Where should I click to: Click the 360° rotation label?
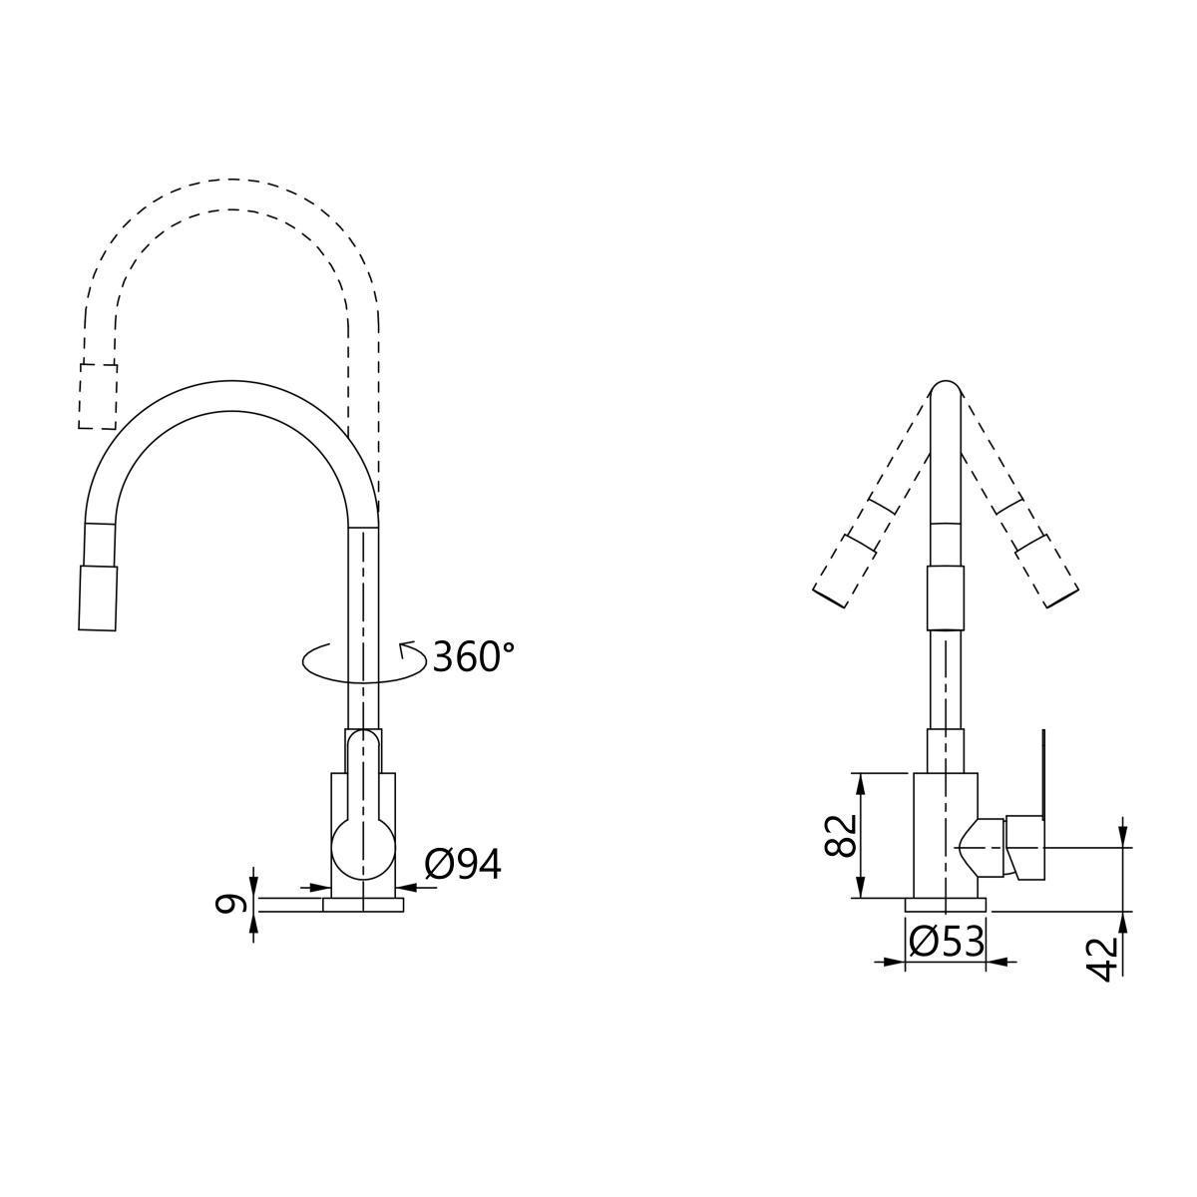point(474,656)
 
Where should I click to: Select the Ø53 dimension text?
point(946,941)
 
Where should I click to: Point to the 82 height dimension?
point(840,836)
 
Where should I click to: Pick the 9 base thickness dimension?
point(228,904)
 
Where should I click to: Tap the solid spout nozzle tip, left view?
point(98,598)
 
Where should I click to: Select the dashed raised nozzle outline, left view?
point(98,396)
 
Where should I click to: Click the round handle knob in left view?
point(363,850)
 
